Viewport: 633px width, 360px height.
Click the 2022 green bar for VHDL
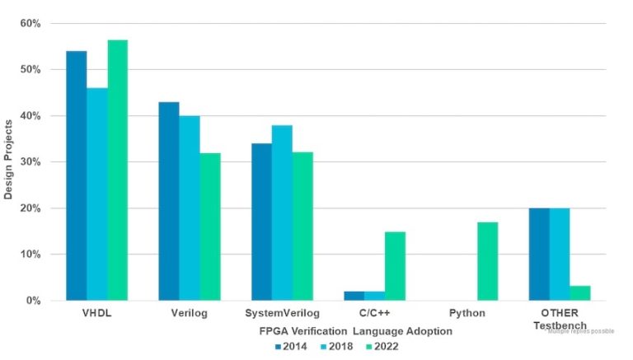point(117,171)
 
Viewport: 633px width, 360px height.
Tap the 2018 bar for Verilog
point(190,208)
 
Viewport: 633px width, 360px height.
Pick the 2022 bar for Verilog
point(210,227)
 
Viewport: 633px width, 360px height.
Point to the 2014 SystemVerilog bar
point(262,222)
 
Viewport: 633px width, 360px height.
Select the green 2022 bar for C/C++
point(395,266)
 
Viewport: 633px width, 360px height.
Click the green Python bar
point(488,261)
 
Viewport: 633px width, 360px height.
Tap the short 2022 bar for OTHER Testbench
point(580,293)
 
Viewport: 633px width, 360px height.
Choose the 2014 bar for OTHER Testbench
point(539,255)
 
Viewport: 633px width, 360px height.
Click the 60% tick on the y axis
point(30,23)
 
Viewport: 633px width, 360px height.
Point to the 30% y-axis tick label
point(30,162)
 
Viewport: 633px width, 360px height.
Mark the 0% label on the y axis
point(33,301)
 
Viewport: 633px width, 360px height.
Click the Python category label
point(467,314)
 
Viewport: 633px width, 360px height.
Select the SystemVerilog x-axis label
point(282,314)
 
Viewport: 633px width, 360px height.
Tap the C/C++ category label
point(375,314)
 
